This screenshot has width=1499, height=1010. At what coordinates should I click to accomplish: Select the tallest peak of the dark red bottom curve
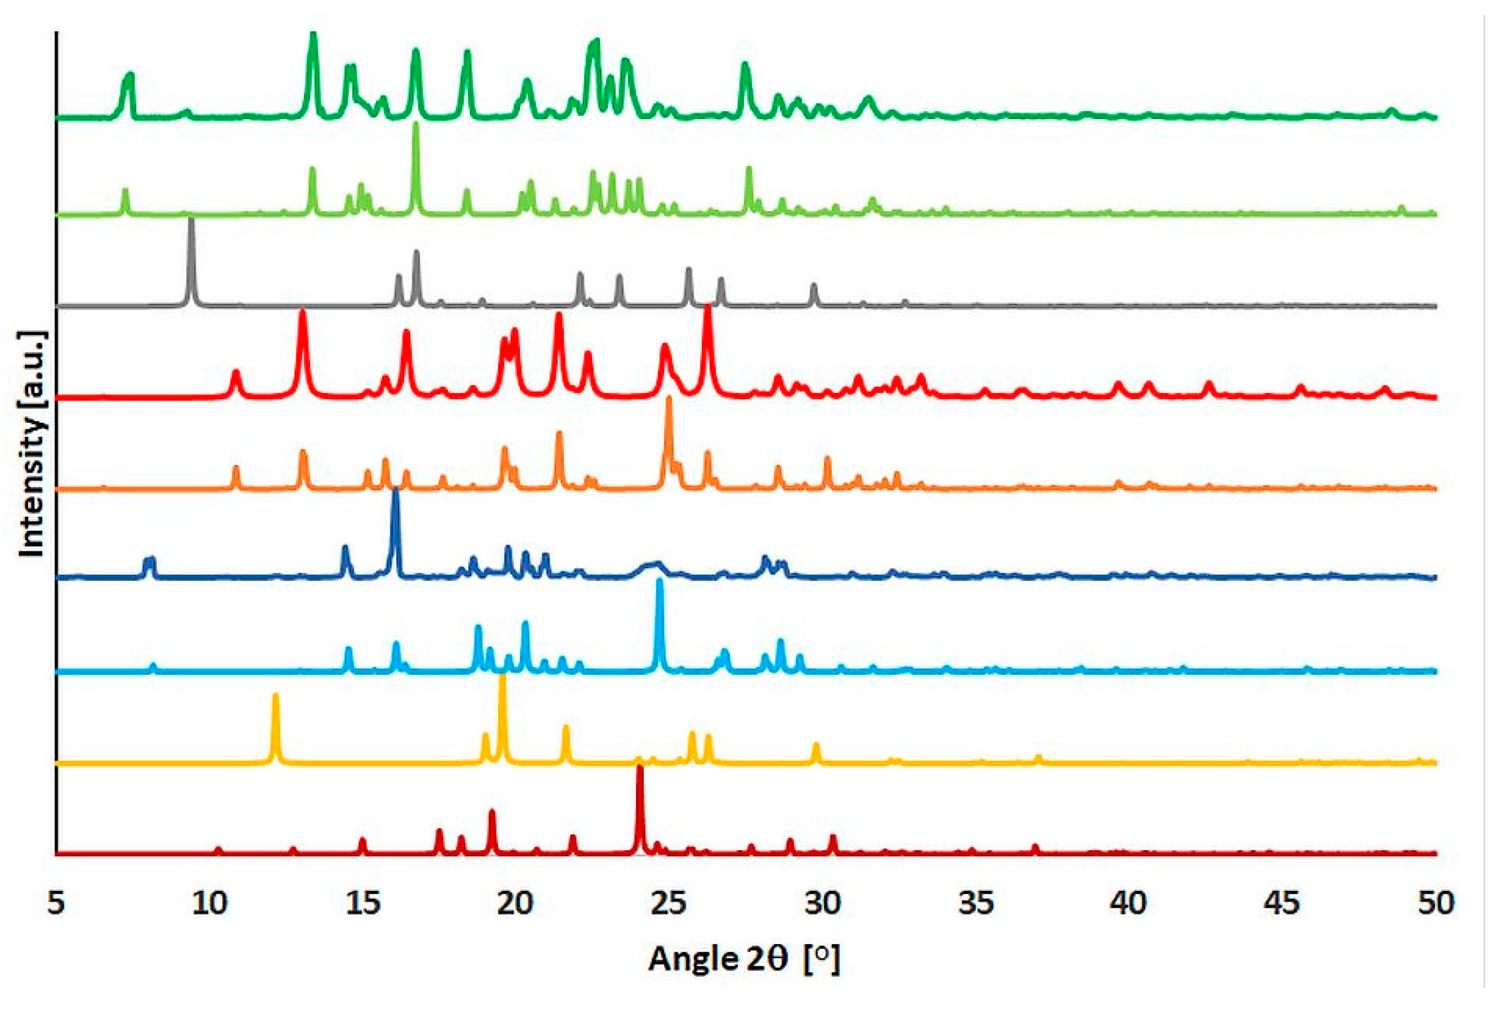coord(640,768)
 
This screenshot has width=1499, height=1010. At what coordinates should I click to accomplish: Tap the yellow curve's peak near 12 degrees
coord(276,696)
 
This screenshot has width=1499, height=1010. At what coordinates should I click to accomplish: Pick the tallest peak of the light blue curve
coord(659,581)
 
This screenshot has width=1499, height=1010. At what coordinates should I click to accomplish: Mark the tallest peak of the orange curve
coord(669,399)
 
